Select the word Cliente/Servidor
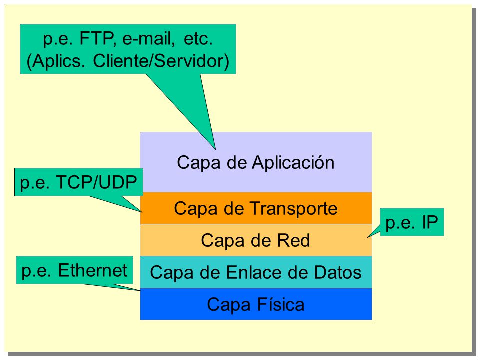coord(161,61)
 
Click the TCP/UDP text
coord(96,183)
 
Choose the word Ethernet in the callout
coord(92,270)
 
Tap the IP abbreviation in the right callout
coord(430,222)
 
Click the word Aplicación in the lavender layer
coord(293,162)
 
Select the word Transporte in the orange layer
coord(294,209)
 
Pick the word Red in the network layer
coord(293,240)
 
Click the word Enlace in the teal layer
coord(254,272)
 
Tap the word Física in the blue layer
coord(280,304)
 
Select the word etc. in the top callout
coord(198,39)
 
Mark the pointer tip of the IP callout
coord(367,237)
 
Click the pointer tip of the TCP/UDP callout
coord(142,212)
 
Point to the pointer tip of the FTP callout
coord(215,149)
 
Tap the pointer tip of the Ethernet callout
coord(140,290)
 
